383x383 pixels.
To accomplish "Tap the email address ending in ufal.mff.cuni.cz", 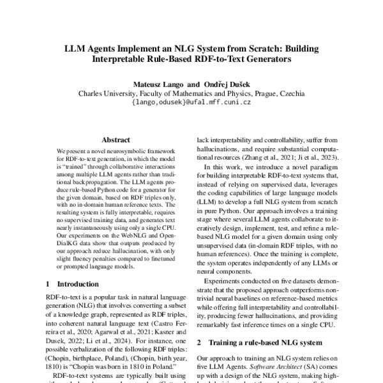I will point(191,101).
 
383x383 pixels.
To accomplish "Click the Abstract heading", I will point(116,140).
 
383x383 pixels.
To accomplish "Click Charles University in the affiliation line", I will point(105,93).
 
